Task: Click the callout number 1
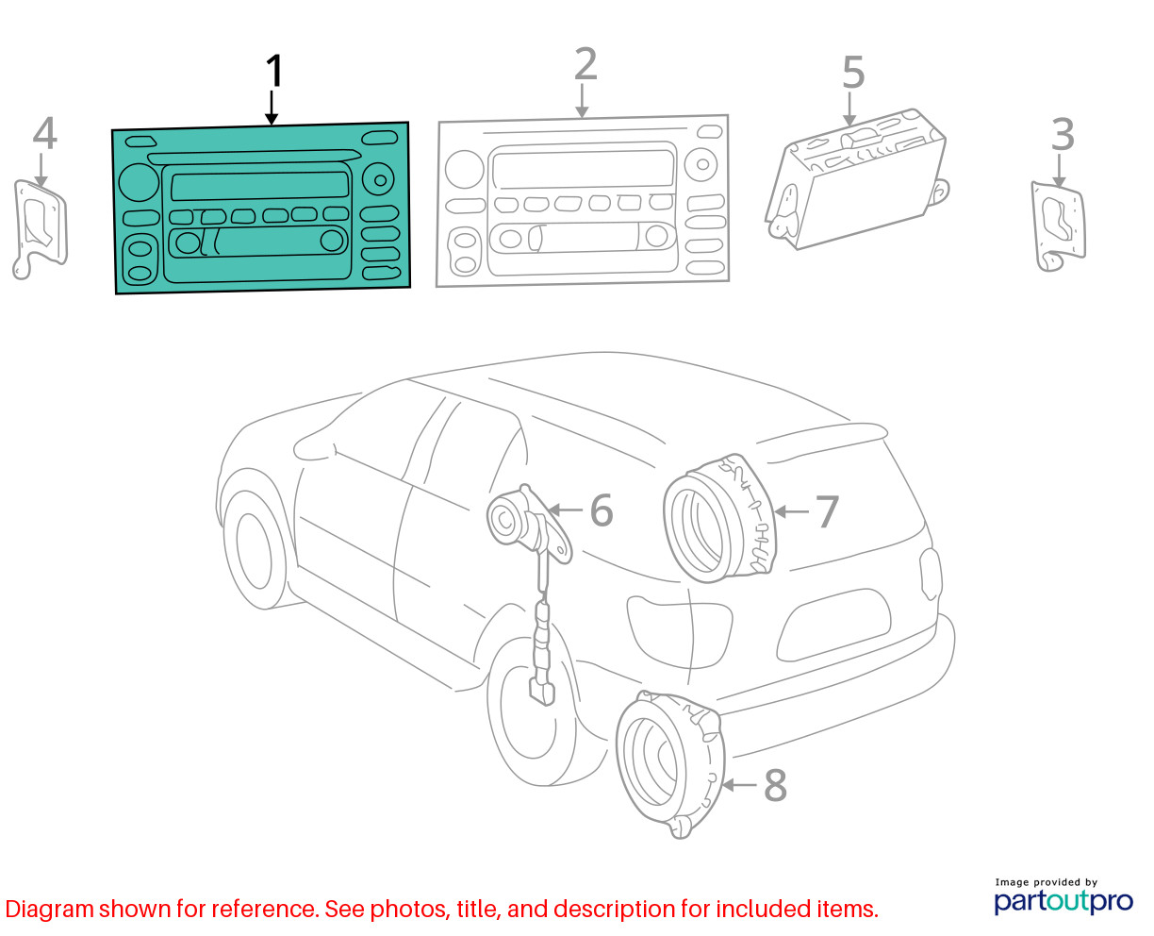[x=274, y=71]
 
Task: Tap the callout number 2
[x=585, y=64]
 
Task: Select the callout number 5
[x=853, y=72]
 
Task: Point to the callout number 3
[x=1062, y=135]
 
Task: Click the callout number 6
[x=601, y=510]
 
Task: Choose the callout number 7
[x=827, y=511]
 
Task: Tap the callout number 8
[x=775, y=785]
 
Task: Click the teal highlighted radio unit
[x=261, y=208]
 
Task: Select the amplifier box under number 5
[x=856, y=179]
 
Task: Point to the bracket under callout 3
[x=1059, y=226]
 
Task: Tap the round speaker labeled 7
[x=719, y=519]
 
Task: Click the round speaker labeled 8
[x=670, y=763]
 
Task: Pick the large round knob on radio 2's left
[x=464, y=169]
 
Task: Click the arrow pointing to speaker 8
[x=739, y=785]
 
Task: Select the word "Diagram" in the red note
[x=49, y=909]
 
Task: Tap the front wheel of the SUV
[x=255, y=550]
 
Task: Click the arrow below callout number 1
[x=272, y=108]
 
